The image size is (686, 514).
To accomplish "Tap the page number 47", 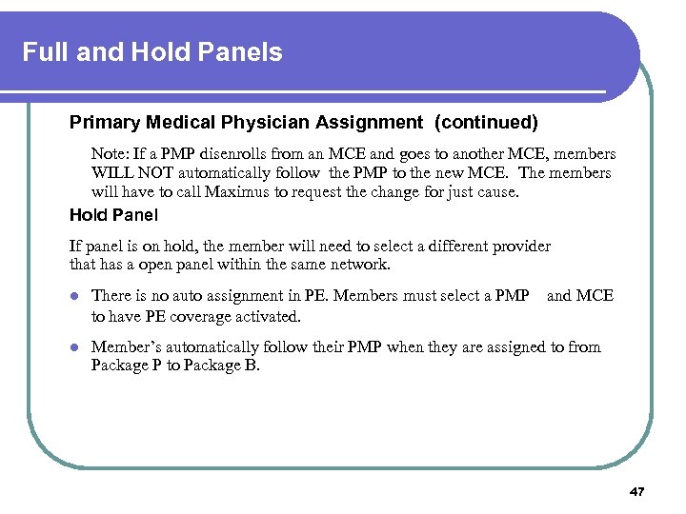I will pyautogui.click(x=637, y=491).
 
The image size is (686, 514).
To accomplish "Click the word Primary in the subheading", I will pyautogui.click(x=103, y=123).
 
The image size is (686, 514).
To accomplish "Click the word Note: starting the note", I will pyautogui.click(x=111, y=153).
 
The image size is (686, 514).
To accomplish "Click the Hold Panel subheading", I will pyautogui.click(x=113, y=215).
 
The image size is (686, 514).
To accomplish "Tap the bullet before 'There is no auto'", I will pyautogui.click(x=75, y=297).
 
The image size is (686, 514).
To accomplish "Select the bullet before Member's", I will pyautogui.click(x=75, y=347).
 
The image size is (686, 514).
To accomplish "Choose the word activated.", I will pyautogui.click(x=269, y=316).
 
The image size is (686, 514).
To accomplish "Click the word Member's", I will pyautogui.click(x=127, y=346).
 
